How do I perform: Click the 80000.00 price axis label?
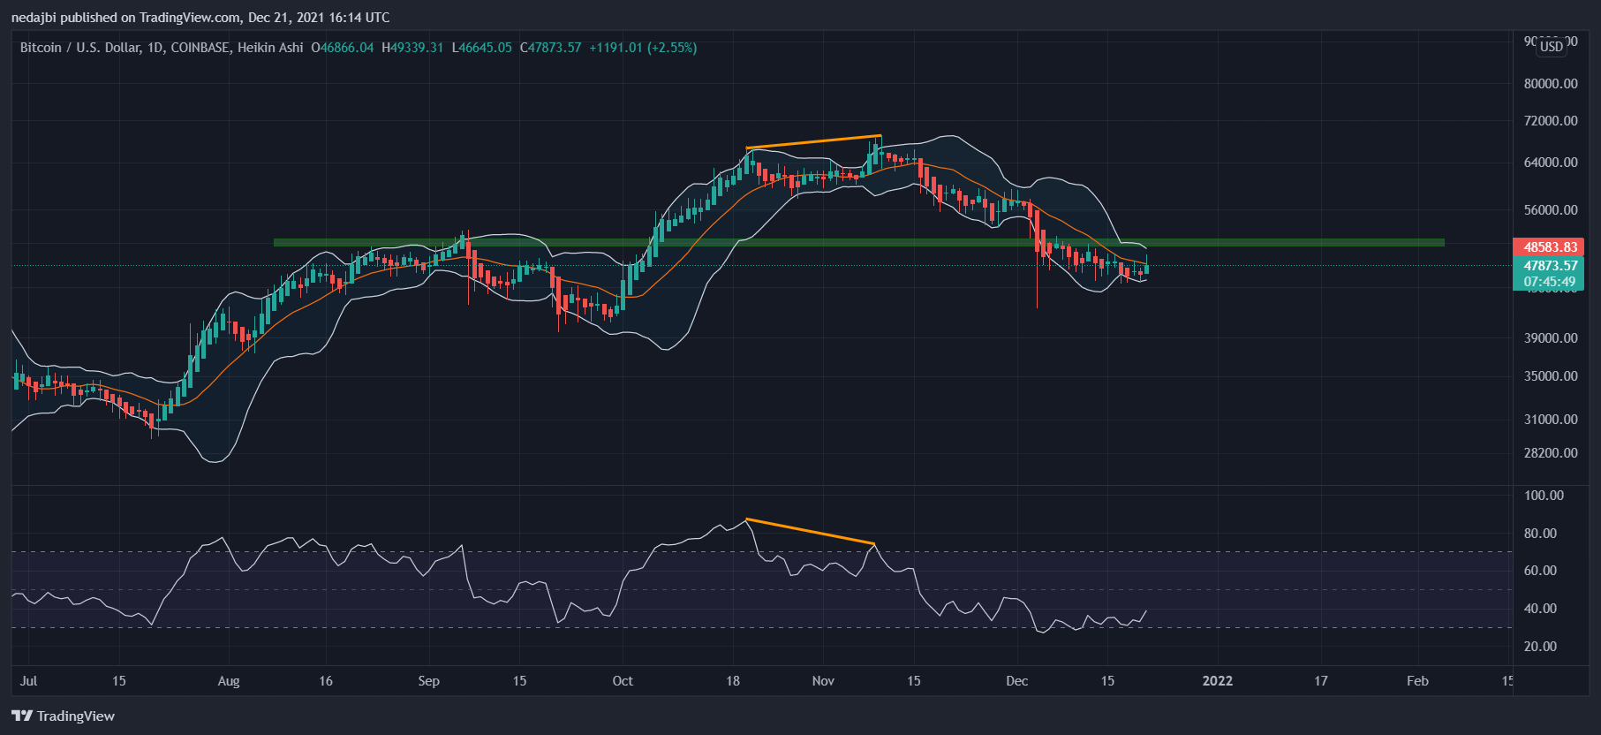[1550, 84]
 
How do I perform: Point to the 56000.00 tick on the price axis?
[1550, 210]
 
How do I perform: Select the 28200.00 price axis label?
[1550, 453]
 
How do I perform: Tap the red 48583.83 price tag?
[1550, 247]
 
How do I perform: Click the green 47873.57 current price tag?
[1550, 266]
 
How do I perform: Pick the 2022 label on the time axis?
[1217, 681]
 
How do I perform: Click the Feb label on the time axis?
[1417, 681]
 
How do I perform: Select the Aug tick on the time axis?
[229, 681]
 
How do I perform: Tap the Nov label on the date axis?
[823, 681]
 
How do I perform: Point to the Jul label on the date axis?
[28, 681]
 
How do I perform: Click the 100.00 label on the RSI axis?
[1544, 496]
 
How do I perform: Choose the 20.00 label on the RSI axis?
[1540, 647]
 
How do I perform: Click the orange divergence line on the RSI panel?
[810, 531]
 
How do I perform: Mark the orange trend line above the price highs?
[813, 141]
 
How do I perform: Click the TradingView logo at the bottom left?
[63, 716]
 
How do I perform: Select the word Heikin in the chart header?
[258, 48]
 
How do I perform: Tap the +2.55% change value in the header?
[672, 48]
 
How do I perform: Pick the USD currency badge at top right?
[1552, 47]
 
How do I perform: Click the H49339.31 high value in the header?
[412, 48]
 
